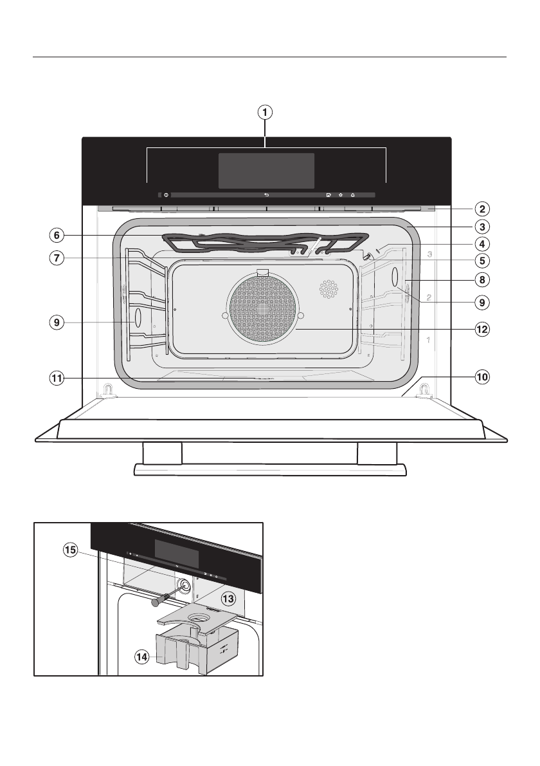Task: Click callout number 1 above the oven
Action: (x=265, y=112)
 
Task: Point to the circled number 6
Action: (x=59, y=236)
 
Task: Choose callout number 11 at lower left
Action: (x=59, y=378)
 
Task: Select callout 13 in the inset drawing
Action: (x=228, y=598)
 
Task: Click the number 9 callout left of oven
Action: (x=59, y=322)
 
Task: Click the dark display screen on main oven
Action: (x=266, y=171)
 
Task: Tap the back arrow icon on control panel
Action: (x=266, y=194)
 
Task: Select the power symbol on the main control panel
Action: (x=166, y=194)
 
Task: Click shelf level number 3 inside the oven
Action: (x=429, y=254)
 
